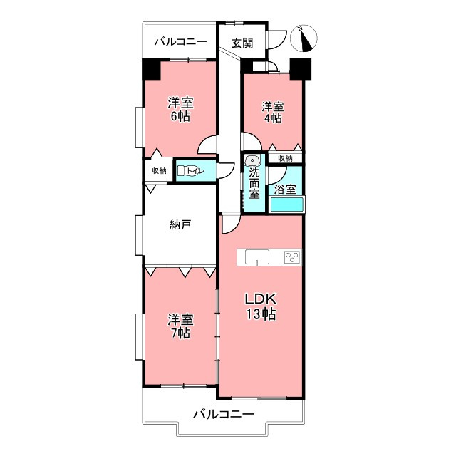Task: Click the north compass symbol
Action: click(304, 38)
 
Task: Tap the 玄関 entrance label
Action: click(242, 43)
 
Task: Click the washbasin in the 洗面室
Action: click(252, 160)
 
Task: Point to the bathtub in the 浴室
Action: click(287, 204)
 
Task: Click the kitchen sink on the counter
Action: click(257, 257)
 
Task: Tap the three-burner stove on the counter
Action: click(292, 257)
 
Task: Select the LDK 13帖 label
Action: click(261, 306)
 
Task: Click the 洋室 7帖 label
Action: click(180, 326)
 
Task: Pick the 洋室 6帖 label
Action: click(180, 109)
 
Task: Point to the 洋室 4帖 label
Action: click(273, 113)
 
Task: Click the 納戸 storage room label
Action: click(180, 224)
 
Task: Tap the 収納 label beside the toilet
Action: click(159, 171)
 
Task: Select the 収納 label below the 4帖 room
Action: click(285, 158)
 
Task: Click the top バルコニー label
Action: click(180, 42)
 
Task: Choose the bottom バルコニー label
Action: click(223, 413)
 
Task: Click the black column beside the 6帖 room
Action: click(151, 69)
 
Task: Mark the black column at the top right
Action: click(301, 69)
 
